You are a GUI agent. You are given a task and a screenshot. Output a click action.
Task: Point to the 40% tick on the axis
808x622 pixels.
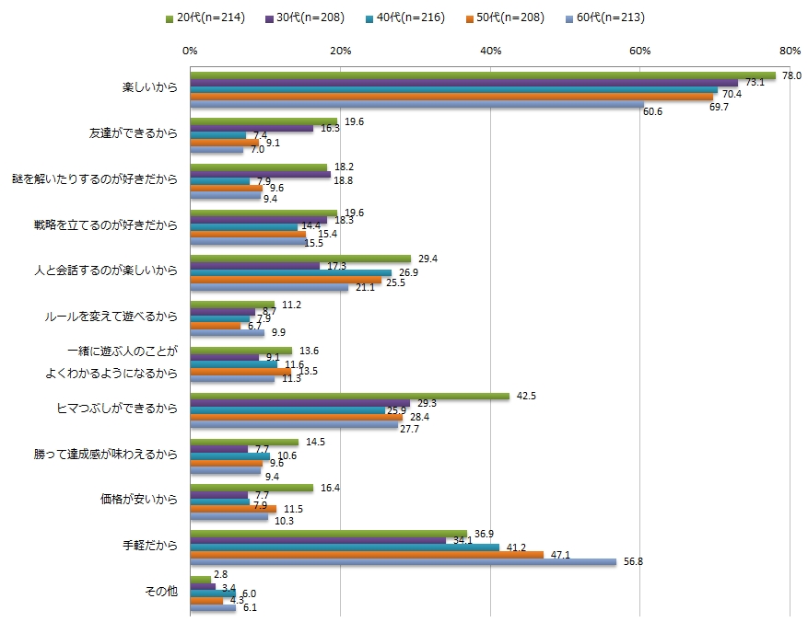[x=491, y=50]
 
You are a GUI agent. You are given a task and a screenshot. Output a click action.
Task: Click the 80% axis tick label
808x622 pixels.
[x=790, y=50]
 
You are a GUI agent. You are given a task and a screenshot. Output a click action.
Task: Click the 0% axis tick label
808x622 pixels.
[x=191, y=50]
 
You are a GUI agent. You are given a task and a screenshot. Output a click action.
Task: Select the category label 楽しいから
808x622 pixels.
[x=149, y=88]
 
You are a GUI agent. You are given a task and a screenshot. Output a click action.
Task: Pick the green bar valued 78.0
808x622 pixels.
[x=483, y=75]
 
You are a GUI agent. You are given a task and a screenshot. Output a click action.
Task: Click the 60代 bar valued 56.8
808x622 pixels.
[x=403, y=562]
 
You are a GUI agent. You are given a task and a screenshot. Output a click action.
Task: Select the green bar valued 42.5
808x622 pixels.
[x=349, y=397]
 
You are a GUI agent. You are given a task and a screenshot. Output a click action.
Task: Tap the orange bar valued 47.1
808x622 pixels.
[x=367, y=555]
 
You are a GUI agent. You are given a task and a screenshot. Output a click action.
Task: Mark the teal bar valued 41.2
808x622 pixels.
[x=345, y=547]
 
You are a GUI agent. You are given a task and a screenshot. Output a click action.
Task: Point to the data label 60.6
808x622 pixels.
[x=653, y=111]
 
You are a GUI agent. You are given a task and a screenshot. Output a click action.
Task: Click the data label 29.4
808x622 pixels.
[x=427, y=259]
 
